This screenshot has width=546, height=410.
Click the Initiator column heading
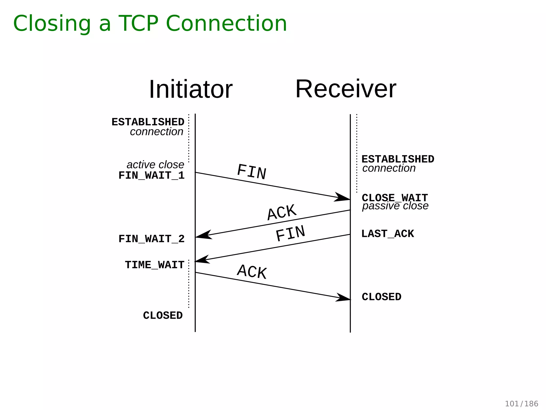pos(190,89)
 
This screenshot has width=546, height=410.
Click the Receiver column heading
pos(346,89)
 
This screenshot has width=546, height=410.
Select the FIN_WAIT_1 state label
pos(151,176)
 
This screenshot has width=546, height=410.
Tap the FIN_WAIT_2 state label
pos(151,239)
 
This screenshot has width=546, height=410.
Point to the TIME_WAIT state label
pos(155,265)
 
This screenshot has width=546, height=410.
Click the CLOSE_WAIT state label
pos(395,198)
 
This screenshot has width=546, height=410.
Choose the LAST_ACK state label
pos(387,234)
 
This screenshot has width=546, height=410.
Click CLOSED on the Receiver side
pos(381,297)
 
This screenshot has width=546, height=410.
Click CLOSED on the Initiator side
pos(163,316)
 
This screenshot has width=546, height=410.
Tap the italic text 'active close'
pos(155,165)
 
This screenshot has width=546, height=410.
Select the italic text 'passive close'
pos(395,206)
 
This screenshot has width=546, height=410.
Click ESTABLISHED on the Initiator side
pos(148,122)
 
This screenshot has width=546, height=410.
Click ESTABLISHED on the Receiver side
pos(398,159)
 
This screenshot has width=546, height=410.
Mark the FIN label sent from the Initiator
pos(252,172)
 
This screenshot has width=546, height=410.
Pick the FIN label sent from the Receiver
pos(290,233)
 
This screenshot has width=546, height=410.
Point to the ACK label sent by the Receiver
pos(282,212)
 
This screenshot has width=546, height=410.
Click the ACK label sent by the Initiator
pos(252,272)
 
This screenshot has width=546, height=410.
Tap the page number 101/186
pos(521,404)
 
